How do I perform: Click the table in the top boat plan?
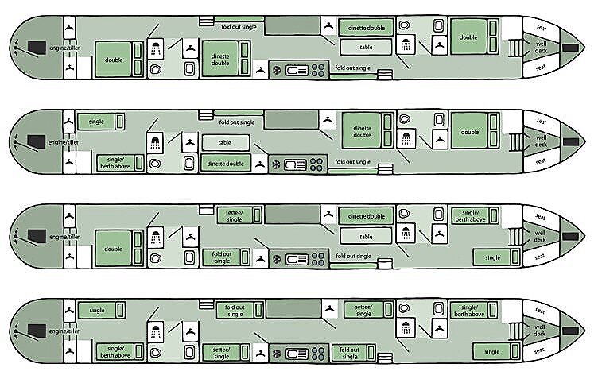pyautogui.click(x=366, y=48)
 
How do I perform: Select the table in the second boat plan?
pyautogui.click(x=226, y=142)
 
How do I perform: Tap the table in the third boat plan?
pyautogui.click(x=366, y=237)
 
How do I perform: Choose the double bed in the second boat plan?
pyautogui.click(x=469, y=132)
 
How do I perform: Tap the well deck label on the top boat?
pyautogui.click(x=541, y=48)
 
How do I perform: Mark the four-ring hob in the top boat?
pyautogui.click(x=319, y=70)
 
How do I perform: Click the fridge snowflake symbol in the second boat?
pyautogui.click(x=276, y=165)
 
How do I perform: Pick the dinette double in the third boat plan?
pyautogui.click(x=367, y=216)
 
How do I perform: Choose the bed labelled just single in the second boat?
pyautogui.click(x=96, y=122)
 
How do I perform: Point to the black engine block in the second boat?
pyautogui.click(x=36, y=142)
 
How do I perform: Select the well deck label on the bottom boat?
pyautogui.click(x=541, y=331)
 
